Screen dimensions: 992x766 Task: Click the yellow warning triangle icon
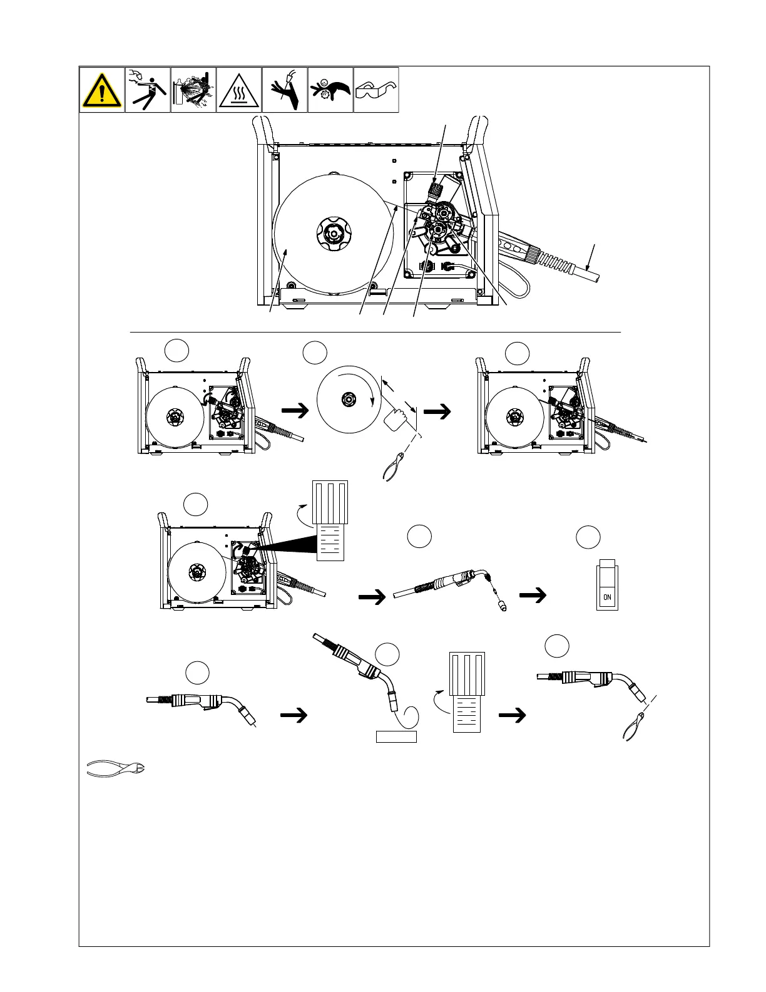point(102,90)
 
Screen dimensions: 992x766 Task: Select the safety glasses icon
point(376,90)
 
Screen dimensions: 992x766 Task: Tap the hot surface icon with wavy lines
point(239,90)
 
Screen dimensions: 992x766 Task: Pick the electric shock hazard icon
point(148,90)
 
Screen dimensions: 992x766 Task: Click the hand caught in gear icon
point(330,90)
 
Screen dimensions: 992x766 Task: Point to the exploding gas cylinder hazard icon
point(193,90)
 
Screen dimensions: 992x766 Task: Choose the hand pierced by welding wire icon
point(285,90)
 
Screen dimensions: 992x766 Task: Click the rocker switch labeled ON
point(607,588)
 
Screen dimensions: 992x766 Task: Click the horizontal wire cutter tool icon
point(115,768)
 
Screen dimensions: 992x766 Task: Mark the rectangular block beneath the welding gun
point(396,736)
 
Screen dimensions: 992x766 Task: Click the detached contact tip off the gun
point(501,606)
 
